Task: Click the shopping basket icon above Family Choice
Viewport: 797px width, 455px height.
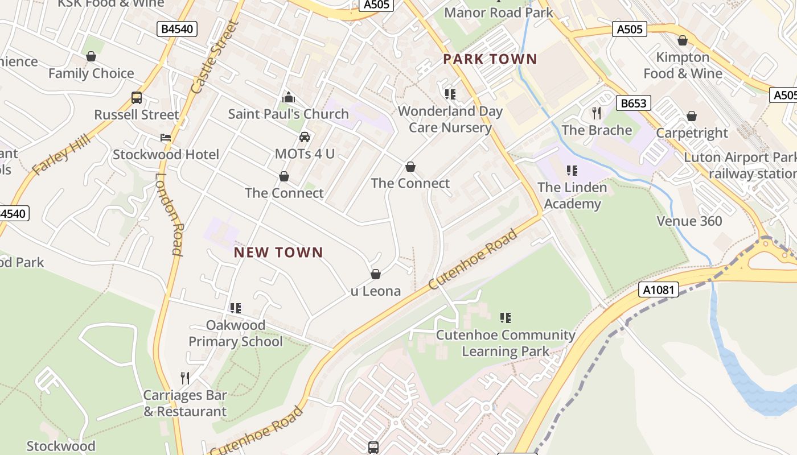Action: [91, 56]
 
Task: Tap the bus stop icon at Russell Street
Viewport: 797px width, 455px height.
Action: [137, 98]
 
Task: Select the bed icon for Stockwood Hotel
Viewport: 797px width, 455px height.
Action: [165, 138]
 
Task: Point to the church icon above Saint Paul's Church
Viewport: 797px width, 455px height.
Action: [289, 97]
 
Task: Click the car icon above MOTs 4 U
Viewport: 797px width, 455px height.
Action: [305, 137]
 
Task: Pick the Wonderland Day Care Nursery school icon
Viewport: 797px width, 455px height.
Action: [450, 94]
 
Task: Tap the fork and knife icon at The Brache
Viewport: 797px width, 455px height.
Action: [597, 113]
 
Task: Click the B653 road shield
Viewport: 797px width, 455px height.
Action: [633, 103]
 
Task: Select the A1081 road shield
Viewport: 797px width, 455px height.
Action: [659, 289]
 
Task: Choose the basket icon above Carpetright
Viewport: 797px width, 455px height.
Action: [692, 117]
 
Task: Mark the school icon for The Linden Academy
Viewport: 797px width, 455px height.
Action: [572, 171]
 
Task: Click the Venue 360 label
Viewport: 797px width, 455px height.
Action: [689, 221]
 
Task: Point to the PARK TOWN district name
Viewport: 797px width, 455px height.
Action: [490, 59]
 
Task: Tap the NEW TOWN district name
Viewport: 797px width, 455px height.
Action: [278, 253]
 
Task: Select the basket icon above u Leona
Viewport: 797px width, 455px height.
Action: [376, 275]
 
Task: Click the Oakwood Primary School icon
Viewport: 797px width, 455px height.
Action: [236, 308]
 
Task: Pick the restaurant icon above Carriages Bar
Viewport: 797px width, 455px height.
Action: [184, 378]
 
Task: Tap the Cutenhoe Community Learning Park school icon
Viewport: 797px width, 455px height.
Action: [506, 318]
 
